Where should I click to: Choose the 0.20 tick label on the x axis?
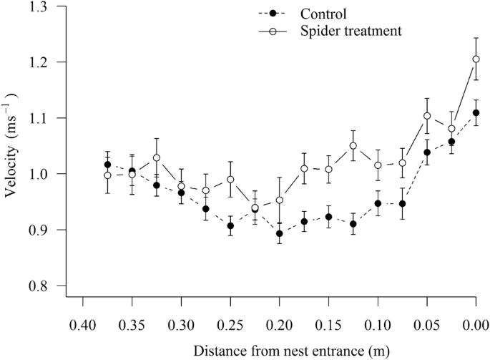[x=279, y=323]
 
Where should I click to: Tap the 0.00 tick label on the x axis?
[x=476, y=323]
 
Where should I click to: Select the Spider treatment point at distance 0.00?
[x=476, y=59]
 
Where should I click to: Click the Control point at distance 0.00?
[x=476, y=112]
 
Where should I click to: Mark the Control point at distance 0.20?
[x=279, y=233]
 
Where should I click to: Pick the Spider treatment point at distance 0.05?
[x=427, y=116]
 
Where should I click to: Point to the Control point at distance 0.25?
[x=230, y=225]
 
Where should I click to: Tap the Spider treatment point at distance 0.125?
[x=353, y=146]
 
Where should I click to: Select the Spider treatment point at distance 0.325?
[x=157, y=157]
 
